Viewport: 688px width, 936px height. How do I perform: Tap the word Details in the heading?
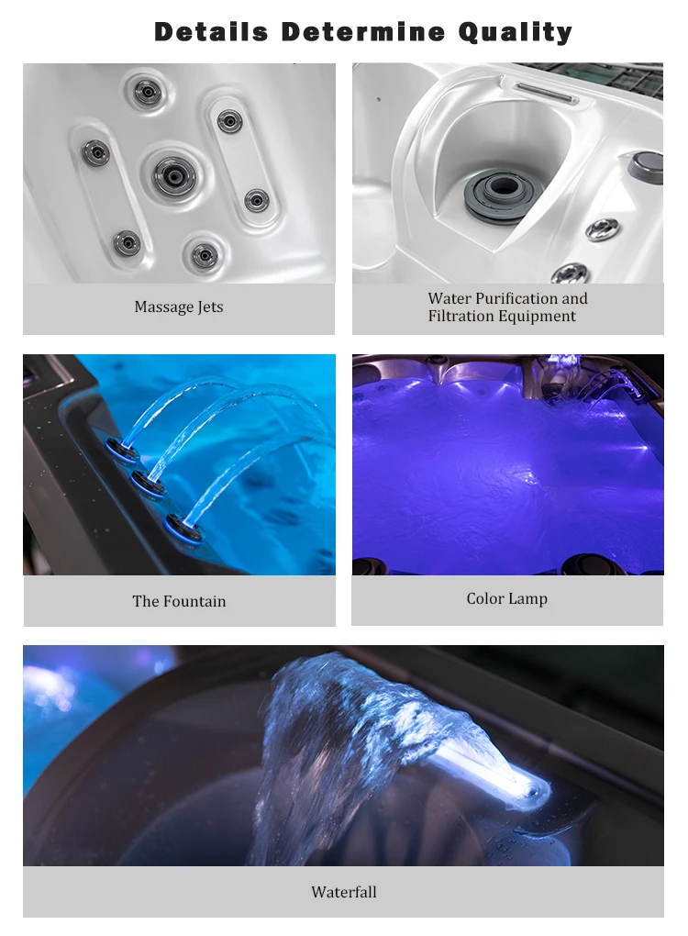(x=211, y=32)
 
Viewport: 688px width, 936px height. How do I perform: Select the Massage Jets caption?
(x=179, y=307)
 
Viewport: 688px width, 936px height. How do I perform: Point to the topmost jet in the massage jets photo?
(x=146, y=90)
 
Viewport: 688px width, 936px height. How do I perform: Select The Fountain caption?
(x=179, y=602)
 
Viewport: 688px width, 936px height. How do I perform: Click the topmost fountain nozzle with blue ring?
(x=118, y=448)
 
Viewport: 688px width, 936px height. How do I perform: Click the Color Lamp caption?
(x=506, y=599)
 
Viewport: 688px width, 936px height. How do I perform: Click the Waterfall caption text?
(x=343, y=892)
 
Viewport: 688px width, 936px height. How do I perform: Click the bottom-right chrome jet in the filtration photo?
(x=571, y=273)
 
